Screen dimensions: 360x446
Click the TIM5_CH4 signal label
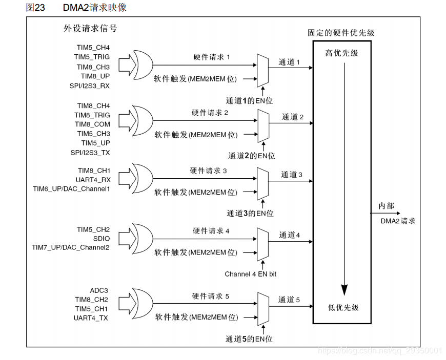(x=93, y=48)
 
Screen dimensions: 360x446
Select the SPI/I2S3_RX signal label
(x=90, y=86)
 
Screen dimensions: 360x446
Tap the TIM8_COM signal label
(x=92, y=124)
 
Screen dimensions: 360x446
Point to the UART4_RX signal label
(x=93, y=179)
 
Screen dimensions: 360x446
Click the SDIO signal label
(x=101, y=239)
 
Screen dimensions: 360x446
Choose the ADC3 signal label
(x=99, y=290)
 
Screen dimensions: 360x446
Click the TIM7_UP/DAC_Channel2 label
(x=71, y=248)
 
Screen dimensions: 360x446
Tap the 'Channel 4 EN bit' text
(x=250, y=274)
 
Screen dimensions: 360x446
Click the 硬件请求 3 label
(x=208, y=171)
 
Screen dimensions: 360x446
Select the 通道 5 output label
(x=289, y=300)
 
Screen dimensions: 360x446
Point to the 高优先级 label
(x=342, y=53)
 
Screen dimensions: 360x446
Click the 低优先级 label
(x=343, y=307)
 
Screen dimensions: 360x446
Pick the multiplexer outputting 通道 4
(x=263, y=243)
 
